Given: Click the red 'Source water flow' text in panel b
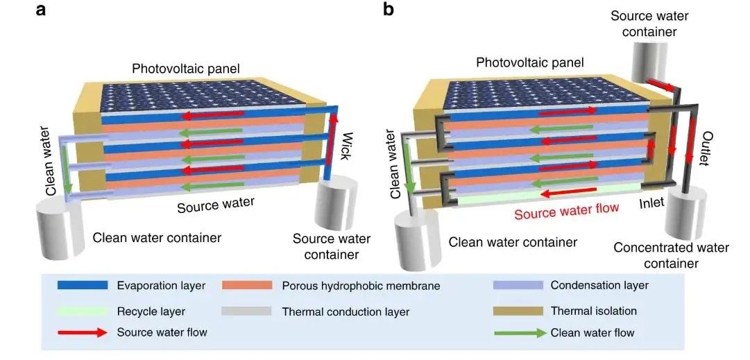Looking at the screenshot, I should (x=566, y=209).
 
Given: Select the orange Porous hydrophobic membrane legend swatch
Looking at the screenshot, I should (x=246, y=285).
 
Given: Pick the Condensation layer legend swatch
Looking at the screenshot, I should (x=517, y=285).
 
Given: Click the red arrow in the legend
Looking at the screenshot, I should (x=80, y=332).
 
